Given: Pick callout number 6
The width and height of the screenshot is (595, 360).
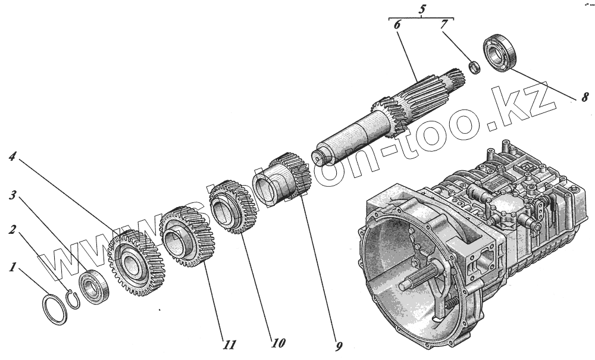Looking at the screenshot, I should pos(397,25).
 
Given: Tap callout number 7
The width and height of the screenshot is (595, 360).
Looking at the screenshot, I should pos(443,25).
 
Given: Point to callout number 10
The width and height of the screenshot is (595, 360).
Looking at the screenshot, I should pos(277,343).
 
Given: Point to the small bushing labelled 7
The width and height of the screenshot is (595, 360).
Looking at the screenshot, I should pos(475,67).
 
